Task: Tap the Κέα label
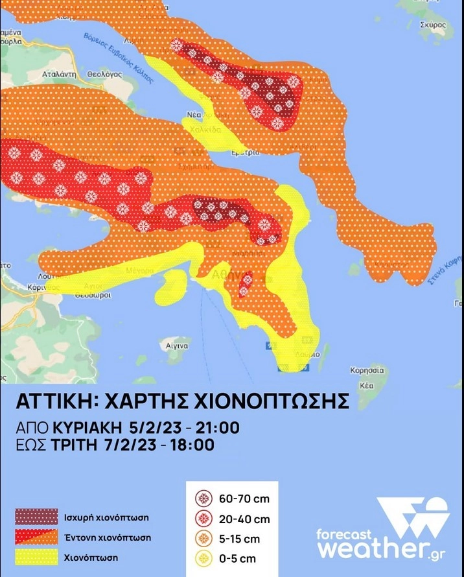pos(367,385)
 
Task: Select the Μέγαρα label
pos(141,270)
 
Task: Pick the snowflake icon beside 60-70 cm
pos(203,498)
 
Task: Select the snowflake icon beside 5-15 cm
pos(203,538)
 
